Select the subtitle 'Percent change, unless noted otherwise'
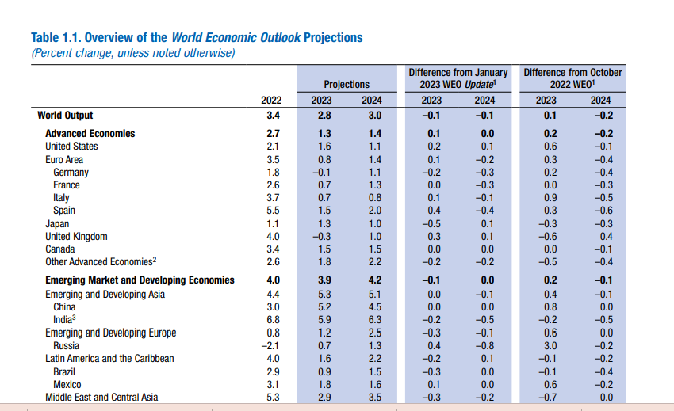[x=133, y=53]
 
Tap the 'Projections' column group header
[x=347, y=84]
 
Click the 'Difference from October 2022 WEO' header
[x=573, y=78]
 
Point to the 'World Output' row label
[x=65, y=116]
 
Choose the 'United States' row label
[x=71, y=147]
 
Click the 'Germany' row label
[x=71, y=173]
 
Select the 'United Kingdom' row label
[x=76, y=237]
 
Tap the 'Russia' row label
[x=66, y=346]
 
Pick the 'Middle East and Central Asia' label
[x=101, y=398]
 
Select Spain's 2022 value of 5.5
[x=274, y=211]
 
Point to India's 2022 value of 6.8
[x=274, y=320]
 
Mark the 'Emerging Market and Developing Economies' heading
[x=140, y=280]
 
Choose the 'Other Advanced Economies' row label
[x=101, y=262]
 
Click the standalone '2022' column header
[x=271, y=100]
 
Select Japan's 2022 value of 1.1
[x=274, y=224]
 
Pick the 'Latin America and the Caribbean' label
[x=109, y=359]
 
